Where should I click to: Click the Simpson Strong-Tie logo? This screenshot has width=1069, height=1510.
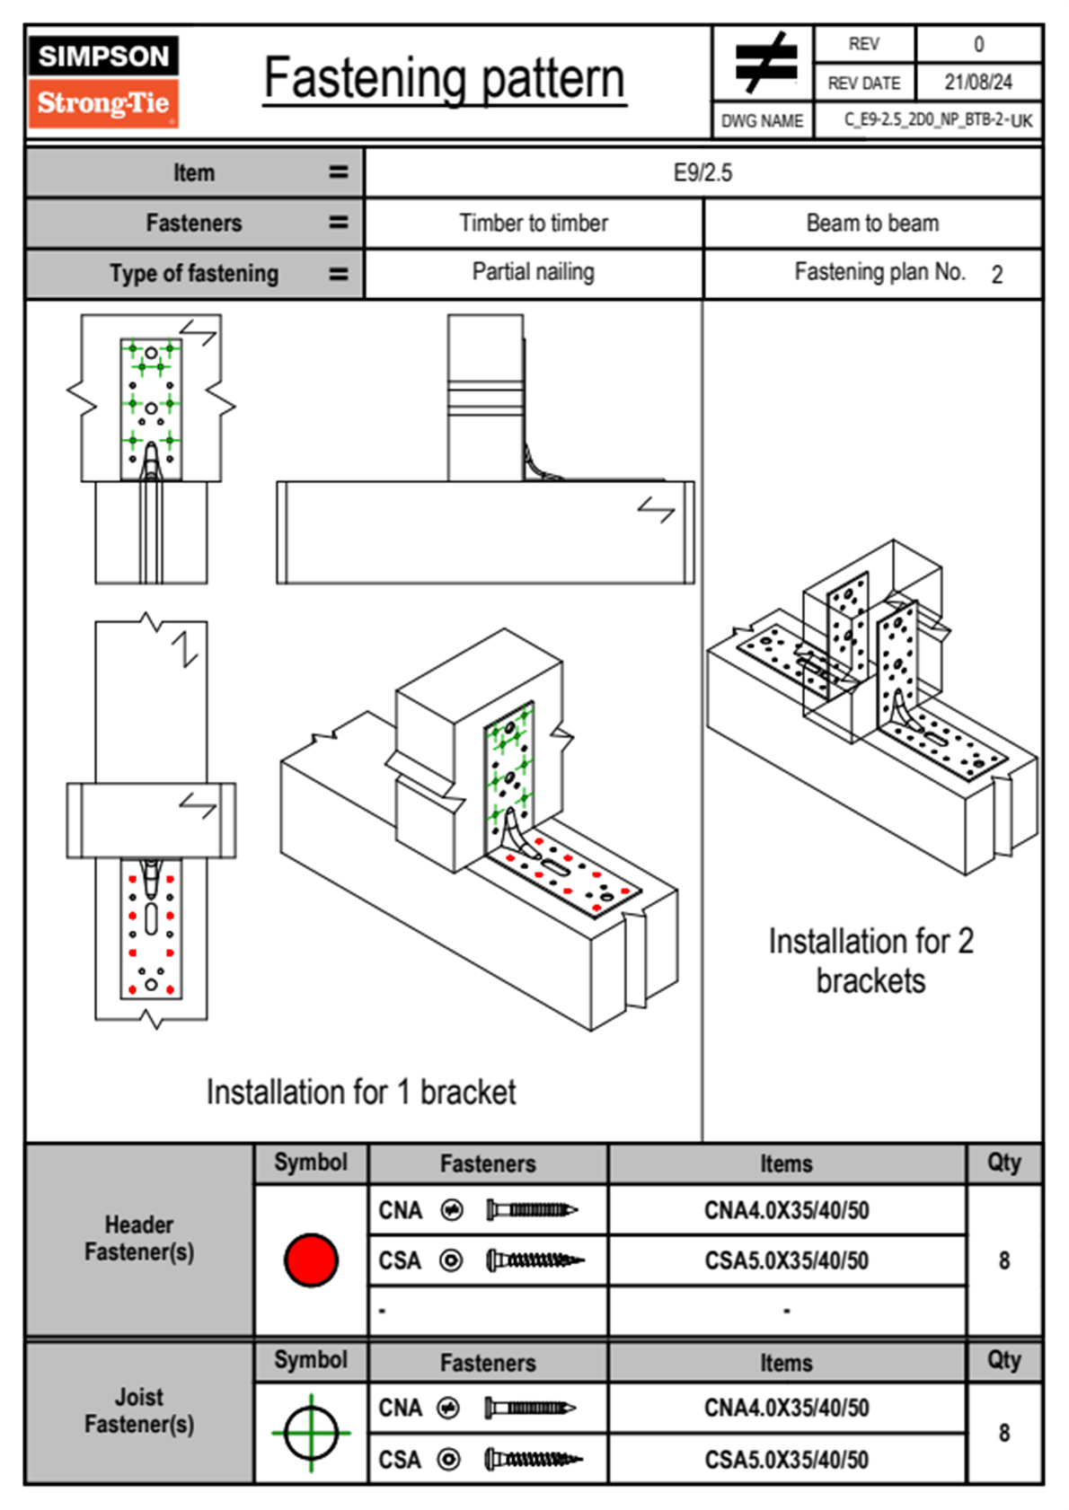pyautogui.click(x=102, y=82)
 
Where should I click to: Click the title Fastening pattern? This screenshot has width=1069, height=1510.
pyautogui.click(x=444, y=79)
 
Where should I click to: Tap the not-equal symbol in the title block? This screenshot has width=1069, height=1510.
pyautogui.click(x=764, y=63)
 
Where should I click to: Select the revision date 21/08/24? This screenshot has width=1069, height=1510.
pyautogui.click(x=977, y=83)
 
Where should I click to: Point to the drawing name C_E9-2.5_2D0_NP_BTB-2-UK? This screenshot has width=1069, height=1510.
pyautogui.click(x=937, y=120)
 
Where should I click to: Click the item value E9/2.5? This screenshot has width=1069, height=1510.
pyautogui.click(x=702, y=172)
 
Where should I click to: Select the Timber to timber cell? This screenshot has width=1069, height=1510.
pyautogui.click(x=534, y=223)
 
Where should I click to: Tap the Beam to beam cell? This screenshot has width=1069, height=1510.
pyautogui.click(x=872, y=223)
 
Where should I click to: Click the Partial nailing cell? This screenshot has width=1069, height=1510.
pyautogui.click(x=534, y=272)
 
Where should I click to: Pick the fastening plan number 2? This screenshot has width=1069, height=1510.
pyautogui.click(x=996, y=275)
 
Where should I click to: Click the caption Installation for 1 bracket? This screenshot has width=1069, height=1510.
pyautogui.click(x=361, y=1092)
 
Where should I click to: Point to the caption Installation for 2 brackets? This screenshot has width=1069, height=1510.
pyautogui.click(x=870, y=961)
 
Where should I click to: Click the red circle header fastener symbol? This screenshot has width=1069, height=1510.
pyautogui.click(x=311, y=1260)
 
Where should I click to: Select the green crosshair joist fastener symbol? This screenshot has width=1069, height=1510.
pyautogui.click(x=311, y=1433)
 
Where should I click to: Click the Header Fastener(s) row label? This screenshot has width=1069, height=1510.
pyautogui.click(x=139, y=1238)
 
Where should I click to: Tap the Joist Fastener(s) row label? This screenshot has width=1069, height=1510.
pyautogui.click(x=139, y=1410)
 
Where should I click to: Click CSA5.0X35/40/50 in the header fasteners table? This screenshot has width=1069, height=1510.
pyautogui.click(x=786, y=1260)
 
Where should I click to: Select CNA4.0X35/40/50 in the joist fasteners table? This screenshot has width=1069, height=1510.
pyautogui.click(x=786, y=1408)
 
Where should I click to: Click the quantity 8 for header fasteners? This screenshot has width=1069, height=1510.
pyautogui.click(x=1003, y=1260)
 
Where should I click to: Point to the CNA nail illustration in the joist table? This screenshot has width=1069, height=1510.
pyautogui.click(x=530, y=1408)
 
